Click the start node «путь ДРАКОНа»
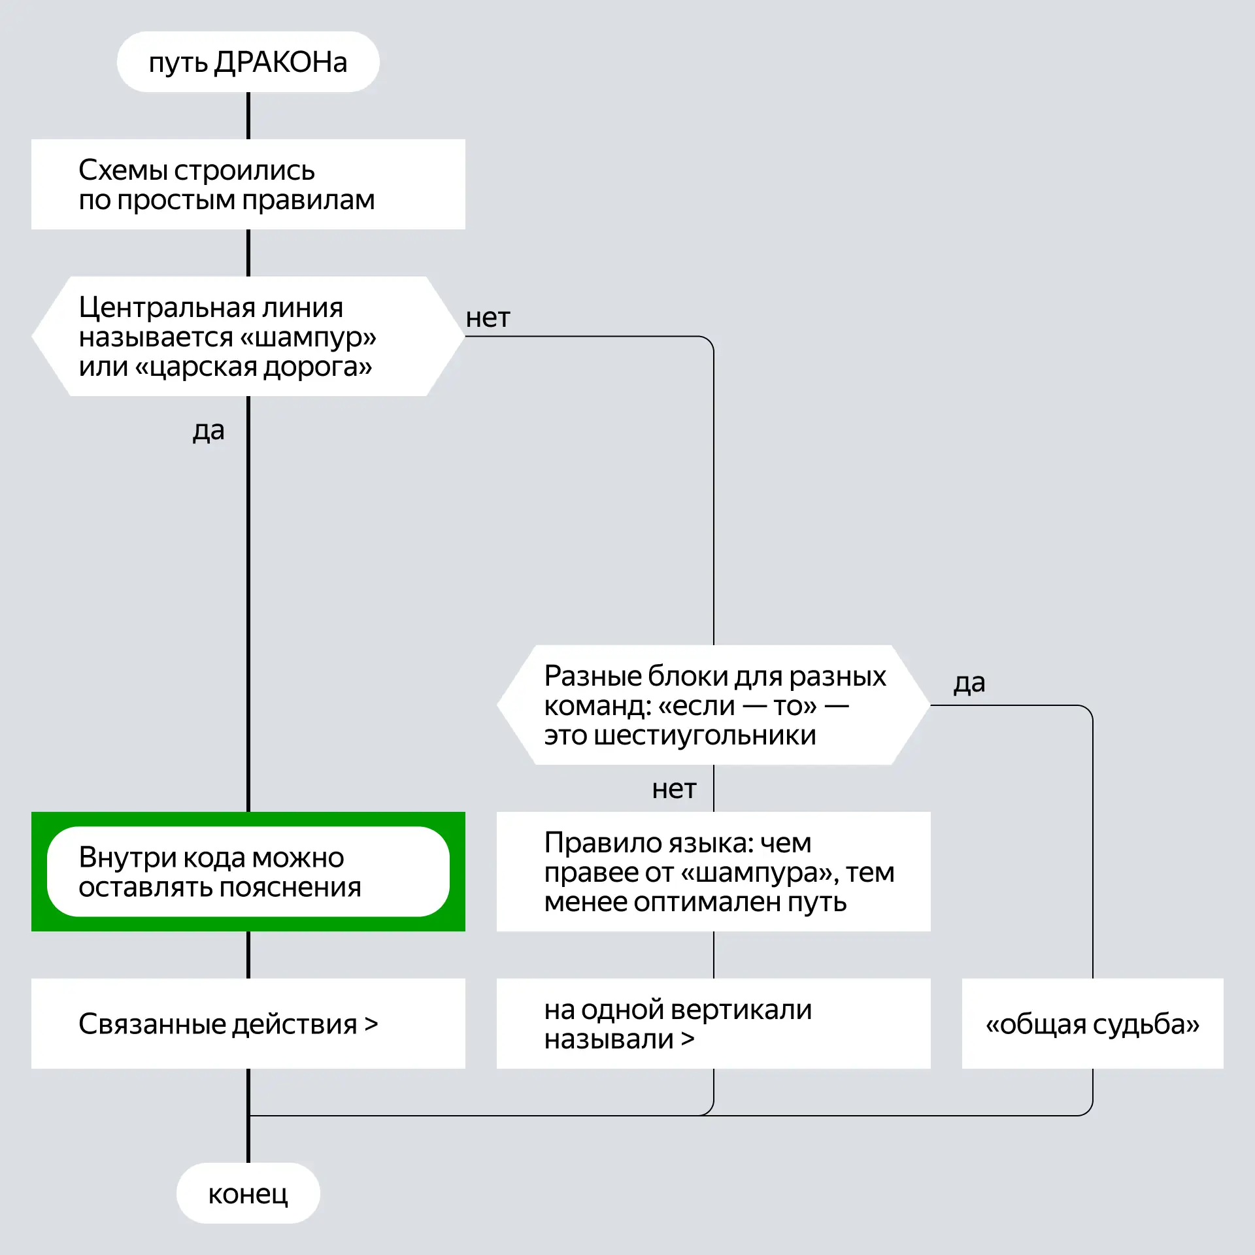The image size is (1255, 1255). coord(248,62)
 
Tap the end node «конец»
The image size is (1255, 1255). coord(248,1194)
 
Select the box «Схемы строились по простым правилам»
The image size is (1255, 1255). coord(248,184)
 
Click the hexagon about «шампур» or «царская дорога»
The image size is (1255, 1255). coord(248,337)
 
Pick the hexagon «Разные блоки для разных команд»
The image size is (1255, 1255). coord(714,705)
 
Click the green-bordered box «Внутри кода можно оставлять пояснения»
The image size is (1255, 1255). coord(248,871)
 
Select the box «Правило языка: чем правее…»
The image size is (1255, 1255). coord(714,871)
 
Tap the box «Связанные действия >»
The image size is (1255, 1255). coord(248,1024)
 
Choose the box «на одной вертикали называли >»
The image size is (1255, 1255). coord(714,1024)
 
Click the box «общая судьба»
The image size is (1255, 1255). coord(1093,1024)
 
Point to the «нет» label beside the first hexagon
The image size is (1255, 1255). coord(488,318)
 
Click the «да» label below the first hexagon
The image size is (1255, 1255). coord(209,431)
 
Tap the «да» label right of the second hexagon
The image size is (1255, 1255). coord(969,683)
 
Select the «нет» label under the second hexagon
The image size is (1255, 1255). coord(674,790)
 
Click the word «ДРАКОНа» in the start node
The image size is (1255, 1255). coord(281,63)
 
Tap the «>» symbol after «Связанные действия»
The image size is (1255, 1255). coord(371,1024)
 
